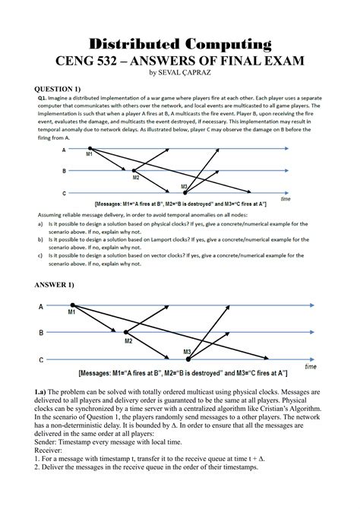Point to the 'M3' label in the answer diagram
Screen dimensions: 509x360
tap(187, 352)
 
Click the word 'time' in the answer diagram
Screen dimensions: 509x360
tap(311, 366)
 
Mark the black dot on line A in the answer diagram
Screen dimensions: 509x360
tap(71, 305)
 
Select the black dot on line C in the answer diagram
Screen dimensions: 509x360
tap(188, 359)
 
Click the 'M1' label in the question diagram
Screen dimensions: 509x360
tap(90, 154)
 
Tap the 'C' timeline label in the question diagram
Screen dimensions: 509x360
tap(64, 193)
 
